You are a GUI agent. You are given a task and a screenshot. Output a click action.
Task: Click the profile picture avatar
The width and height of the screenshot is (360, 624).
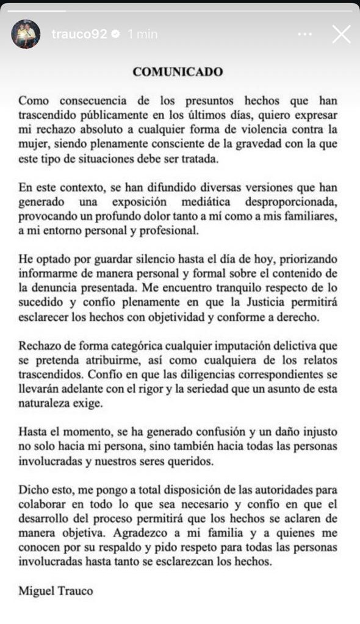(x=26, y=34)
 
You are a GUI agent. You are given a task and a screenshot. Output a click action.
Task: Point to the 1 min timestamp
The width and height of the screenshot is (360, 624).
(x=142, y=34)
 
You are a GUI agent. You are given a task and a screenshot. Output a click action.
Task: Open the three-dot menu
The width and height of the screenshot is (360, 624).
(x=305, y=34)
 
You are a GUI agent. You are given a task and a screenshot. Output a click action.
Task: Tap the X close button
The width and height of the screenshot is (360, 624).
(x=342, y=34)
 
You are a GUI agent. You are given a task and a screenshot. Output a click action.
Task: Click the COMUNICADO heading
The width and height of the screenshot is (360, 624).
(x=178, y=71)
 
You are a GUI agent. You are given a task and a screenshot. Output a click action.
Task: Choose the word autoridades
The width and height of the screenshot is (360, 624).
(x=262, y=490)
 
